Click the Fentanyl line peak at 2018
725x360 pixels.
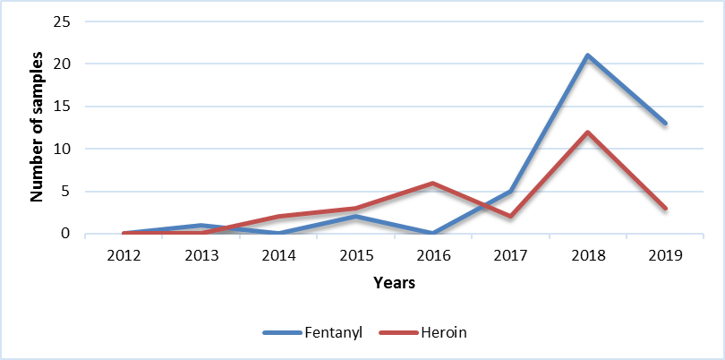(x=587, y=56)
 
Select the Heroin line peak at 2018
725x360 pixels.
(x=587, y=133)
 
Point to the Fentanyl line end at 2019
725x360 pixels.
(x=664, y=124)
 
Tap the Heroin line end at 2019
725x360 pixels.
(x=664, y=209)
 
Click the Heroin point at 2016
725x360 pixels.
(x=432, y=184)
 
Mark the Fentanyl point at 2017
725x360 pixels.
(x=510, y=192)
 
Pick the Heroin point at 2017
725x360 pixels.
(x=510, y=217)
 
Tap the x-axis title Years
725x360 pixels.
(x=394, y=283)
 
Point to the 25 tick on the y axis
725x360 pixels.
(x=63, y=21)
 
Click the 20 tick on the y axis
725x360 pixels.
(x=63, y=64)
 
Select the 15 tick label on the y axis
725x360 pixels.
(x=63, y=107)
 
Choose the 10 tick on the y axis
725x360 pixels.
(x=63, y=149)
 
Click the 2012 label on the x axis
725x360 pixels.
(x=124, y=254)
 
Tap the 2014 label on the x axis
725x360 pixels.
(x=278, y=254)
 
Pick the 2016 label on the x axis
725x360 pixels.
(x=432, y=254)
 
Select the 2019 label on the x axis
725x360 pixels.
(x=664, y=254)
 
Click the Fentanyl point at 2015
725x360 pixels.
(x=355, y=217)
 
